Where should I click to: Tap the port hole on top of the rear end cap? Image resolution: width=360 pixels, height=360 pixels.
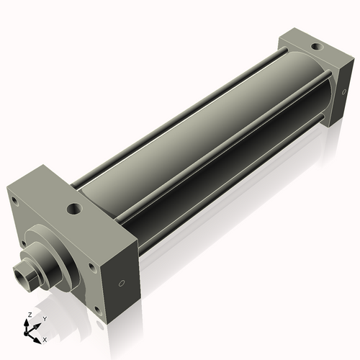[x=313, y=48]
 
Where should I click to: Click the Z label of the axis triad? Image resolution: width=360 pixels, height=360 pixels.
[x=27, y=315]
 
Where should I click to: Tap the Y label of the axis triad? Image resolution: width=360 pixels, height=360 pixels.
[x=44, y=318]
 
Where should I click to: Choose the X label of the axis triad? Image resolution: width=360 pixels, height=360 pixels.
[x=45, y=338]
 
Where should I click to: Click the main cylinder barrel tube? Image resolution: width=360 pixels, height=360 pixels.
[x=209, y=144]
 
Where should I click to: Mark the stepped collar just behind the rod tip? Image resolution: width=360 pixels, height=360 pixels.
[x=36, y=265]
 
